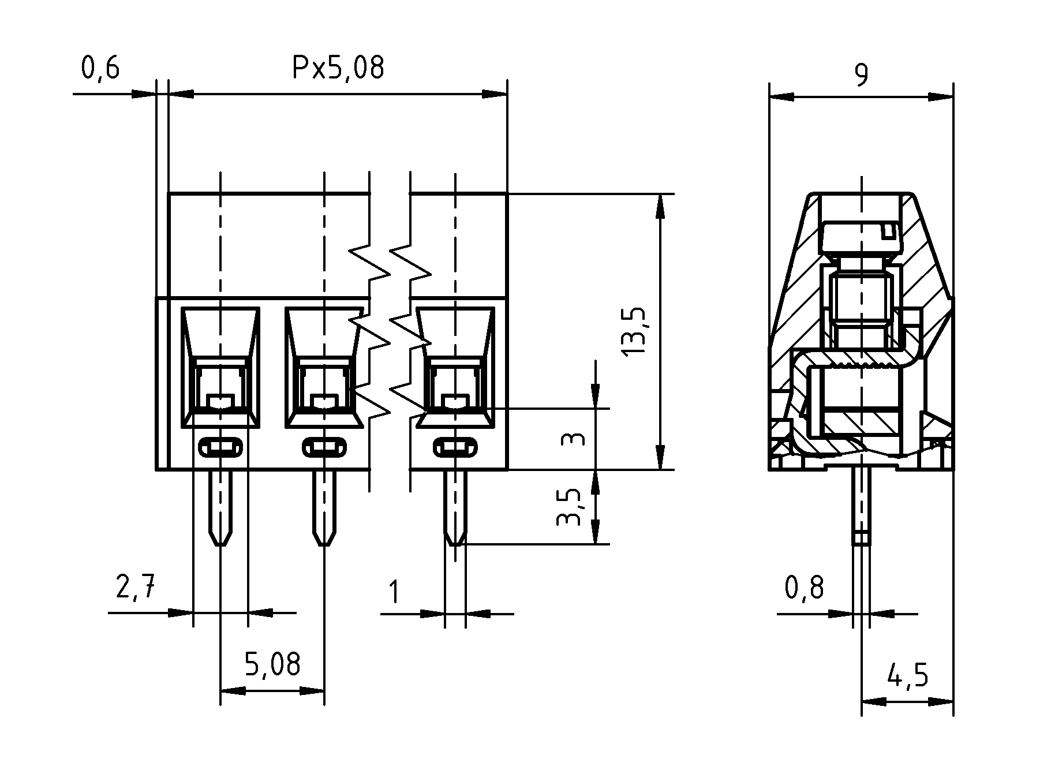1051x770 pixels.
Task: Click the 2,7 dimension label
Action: (x=136, y=588)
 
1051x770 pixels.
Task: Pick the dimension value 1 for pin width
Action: (x=395, y=592)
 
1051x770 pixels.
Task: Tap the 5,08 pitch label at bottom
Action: (x=272, y=664)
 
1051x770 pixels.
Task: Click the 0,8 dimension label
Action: (x=804, y=588)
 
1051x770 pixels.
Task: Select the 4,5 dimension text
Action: (x=908, y=675)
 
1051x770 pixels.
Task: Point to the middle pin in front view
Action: (x=324, y=505)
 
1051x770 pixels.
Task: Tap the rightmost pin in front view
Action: (x=455, y=505)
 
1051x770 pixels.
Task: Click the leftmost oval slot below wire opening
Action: (x=220, y=447)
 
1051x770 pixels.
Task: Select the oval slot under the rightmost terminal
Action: (x=455, y=447)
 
